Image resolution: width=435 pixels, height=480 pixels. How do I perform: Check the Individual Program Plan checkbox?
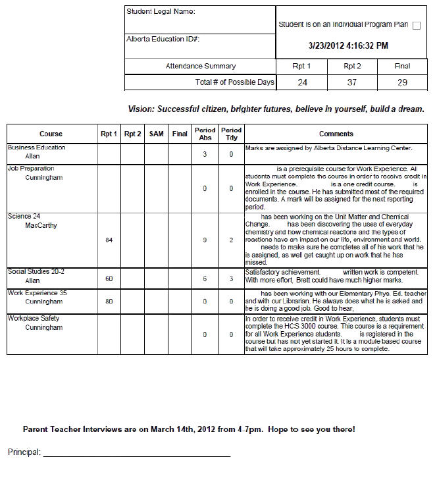tap(417, 26)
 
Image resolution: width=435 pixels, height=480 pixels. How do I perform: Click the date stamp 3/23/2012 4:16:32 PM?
tap(349, 46)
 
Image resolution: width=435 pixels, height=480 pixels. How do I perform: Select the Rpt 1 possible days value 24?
tap(302, 82)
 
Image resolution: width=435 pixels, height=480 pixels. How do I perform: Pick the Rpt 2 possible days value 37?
tap(353, 82)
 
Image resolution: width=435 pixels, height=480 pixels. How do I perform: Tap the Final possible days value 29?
tap(403, 82)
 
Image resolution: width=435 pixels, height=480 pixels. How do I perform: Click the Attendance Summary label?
tap(200, 66)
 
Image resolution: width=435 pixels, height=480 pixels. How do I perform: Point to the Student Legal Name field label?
tap(161, 11)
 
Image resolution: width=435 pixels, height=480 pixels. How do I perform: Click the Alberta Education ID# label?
tap(163, 39)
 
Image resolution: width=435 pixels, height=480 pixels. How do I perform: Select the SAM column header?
tap(157, 134)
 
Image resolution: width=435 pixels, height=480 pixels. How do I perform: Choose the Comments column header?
tap(336, 134)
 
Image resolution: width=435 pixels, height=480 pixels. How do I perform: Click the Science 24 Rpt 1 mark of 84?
tap(109, 240)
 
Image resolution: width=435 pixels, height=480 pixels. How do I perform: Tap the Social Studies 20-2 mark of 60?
tap(109, 279)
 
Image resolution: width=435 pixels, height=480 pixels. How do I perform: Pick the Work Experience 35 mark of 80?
tap(109, 302)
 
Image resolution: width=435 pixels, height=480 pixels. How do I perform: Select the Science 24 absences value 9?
tap(205, 240)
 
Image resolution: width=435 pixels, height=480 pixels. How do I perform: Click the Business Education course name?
tap(37, 147)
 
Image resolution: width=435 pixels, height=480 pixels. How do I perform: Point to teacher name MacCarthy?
tap(41, 226)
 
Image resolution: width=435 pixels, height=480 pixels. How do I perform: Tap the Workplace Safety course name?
tap(34, 319)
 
